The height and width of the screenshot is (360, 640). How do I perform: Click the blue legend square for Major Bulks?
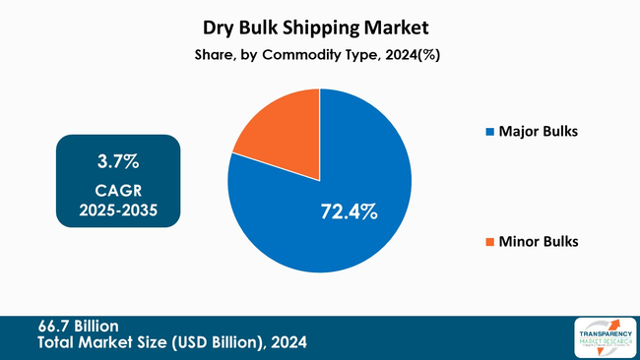489,131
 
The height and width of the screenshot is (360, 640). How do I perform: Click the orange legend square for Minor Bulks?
489,241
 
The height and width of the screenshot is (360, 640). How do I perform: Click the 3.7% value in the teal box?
118,161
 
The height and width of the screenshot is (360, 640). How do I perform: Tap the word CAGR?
118,190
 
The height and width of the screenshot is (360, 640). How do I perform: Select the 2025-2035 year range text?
118,210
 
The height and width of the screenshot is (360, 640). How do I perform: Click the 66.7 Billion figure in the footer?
79,326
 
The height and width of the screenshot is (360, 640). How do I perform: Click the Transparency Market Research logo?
600,337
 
